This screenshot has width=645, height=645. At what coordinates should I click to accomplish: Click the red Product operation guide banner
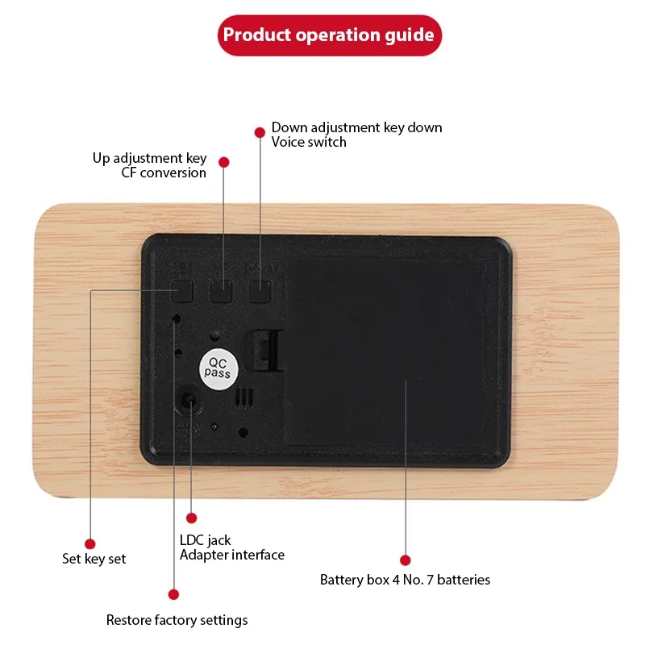coord(329,35)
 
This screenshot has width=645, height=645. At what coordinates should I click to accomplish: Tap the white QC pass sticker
coord(217,369)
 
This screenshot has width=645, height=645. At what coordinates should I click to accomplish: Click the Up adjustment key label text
coord(149,158)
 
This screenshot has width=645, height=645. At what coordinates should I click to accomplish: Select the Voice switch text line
coord(309,142)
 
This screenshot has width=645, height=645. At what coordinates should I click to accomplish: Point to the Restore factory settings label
coord(177,620)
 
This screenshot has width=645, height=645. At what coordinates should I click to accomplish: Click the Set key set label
coord(94,559)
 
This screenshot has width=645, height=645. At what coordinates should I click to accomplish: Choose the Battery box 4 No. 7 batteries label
coord(405,580)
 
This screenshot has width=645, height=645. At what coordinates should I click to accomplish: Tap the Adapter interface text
coord(232,555)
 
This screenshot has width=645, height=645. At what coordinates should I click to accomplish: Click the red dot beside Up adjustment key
coord(224,162)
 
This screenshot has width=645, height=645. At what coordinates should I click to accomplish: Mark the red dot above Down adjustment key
coord(260,131)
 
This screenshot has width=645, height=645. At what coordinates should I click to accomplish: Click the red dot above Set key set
coord(90,544)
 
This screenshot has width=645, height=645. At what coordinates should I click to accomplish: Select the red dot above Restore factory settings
coord(173,594)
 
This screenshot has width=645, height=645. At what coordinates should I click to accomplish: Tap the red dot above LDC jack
coord(192,518)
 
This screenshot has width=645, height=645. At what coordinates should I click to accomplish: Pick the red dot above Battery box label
coord(405,560)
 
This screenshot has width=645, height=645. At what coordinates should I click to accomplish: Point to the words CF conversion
coord(164,173)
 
